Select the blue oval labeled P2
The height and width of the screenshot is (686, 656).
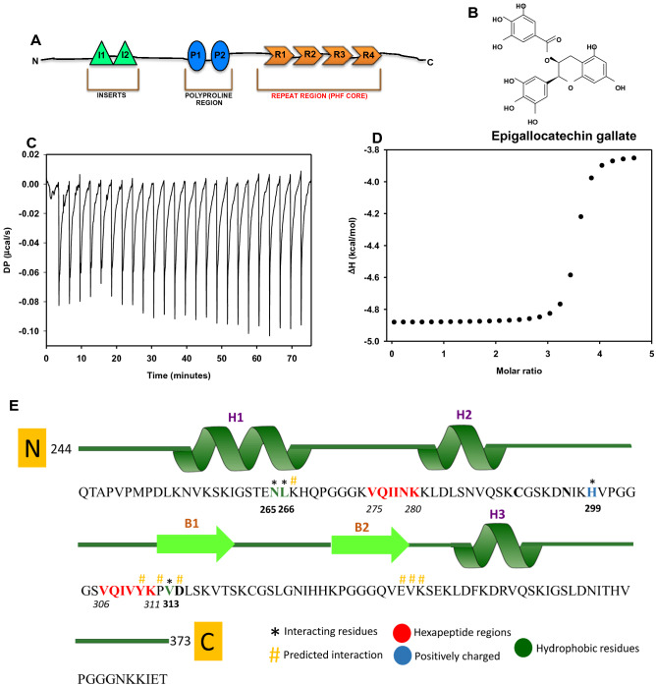pos(219,55)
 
